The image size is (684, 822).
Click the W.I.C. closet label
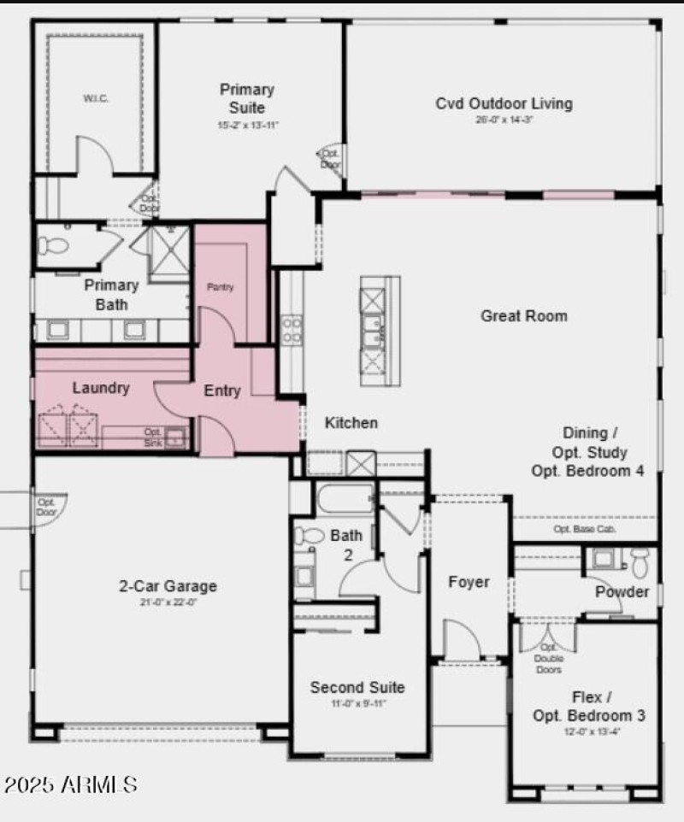[x=96, y=98]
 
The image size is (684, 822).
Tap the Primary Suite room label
[x=247, y=98]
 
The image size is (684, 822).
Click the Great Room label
[x=523, y=316]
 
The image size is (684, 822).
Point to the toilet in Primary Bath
[x=53, y=246]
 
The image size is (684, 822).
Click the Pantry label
[x=220, y=288]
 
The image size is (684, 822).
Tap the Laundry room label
[x=101, y=388]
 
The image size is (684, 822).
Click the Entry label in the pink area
[x=222, y=391]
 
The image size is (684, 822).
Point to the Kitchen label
[x=351, y=423]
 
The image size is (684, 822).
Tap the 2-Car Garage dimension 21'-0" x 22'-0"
[x=168, y=602]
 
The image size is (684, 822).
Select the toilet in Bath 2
[x=307, y=537]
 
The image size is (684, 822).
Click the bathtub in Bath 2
[x=345, y=498]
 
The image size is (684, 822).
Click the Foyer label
[x=469, y=582]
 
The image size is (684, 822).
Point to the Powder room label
[x=622, y=592]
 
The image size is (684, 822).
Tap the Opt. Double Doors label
[x=548, y=658]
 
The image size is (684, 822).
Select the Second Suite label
[x=357, y=688]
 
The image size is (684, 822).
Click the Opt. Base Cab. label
[x=585, y=529]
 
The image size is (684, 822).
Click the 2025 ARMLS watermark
[x=70, y=784]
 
